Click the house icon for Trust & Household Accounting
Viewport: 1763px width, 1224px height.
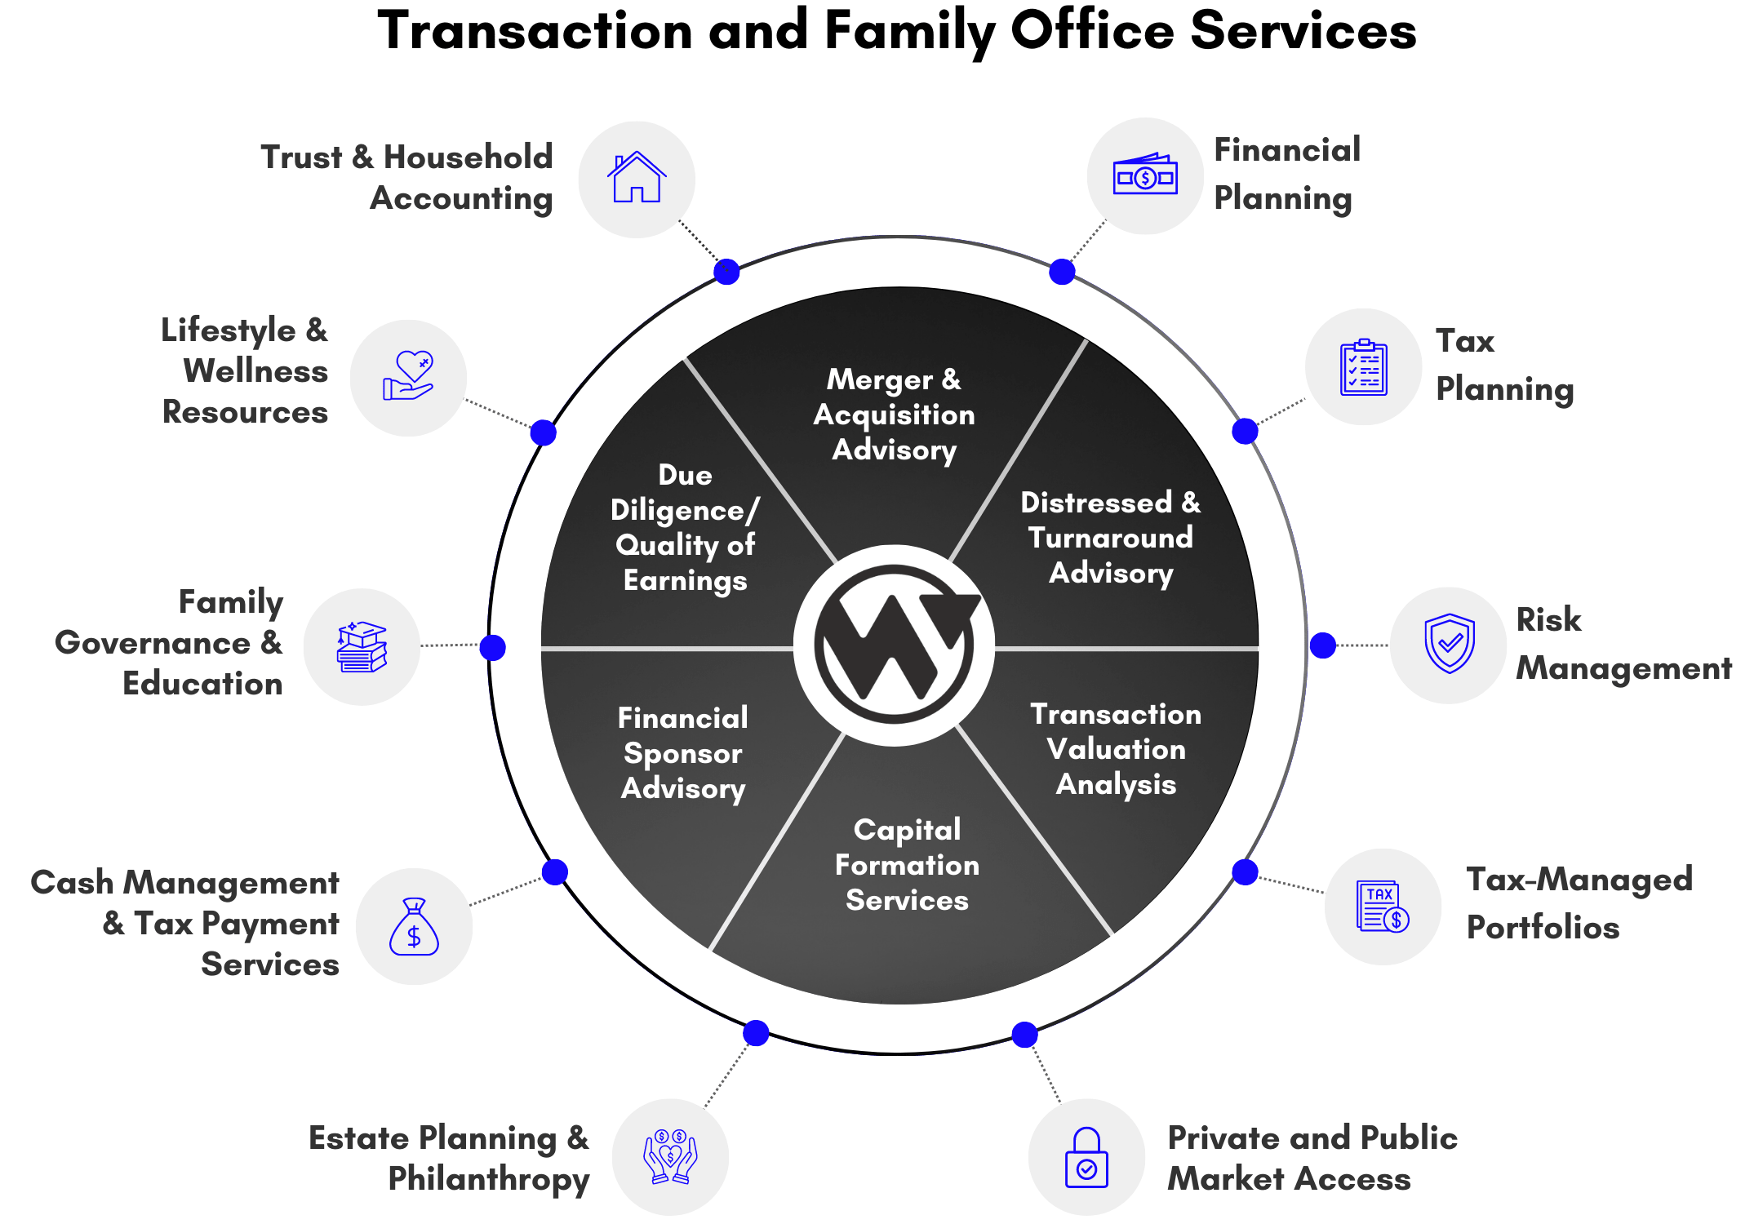637,177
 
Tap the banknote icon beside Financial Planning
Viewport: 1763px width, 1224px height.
1145,175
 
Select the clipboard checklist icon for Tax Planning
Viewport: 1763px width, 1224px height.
1363,367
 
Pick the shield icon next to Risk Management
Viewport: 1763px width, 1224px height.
1450,644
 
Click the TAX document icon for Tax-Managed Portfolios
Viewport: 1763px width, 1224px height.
1383,907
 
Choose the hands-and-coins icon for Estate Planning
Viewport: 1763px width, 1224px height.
670,1156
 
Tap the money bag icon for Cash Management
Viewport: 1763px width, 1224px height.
414,927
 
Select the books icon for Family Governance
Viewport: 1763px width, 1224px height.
362,647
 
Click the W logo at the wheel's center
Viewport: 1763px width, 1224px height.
895,645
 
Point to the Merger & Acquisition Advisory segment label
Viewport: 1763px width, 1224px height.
895,415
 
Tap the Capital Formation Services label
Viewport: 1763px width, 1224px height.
907,865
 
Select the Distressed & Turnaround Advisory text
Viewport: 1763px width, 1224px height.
1111,538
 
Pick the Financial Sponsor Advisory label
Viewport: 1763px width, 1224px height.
683,753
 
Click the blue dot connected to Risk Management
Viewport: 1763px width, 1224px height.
1323,645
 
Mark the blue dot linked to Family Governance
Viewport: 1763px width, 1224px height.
493,647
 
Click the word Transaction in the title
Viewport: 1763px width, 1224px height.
535,31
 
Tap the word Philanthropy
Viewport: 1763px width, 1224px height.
488,1180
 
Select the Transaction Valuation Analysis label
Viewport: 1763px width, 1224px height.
1116,749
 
